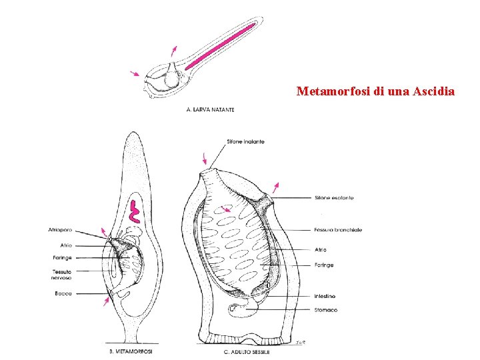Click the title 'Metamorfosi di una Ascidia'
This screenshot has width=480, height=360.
pos(375,91)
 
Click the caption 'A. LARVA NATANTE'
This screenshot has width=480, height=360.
pos(210,109)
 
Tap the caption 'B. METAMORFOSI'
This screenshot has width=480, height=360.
pos(131,351)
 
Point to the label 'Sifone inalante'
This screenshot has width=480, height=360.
pos(245,141)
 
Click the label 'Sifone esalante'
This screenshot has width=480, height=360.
pos(333,198)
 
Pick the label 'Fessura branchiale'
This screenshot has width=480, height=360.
pos(338,230)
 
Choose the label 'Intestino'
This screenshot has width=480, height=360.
pos(326,296)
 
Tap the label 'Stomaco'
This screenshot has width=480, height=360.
pos(326,310)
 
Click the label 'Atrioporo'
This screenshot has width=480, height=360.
pos(61,230)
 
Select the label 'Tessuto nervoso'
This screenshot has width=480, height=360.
pos(62,274)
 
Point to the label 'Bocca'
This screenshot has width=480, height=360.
pos(64,293)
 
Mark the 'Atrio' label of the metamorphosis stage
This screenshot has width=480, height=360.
pos(65,245)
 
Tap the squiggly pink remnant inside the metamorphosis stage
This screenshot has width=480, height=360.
pos(135,210)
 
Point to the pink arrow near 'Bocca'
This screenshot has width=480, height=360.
pos(105,303)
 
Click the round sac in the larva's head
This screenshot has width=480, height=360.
pos(172,78)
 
